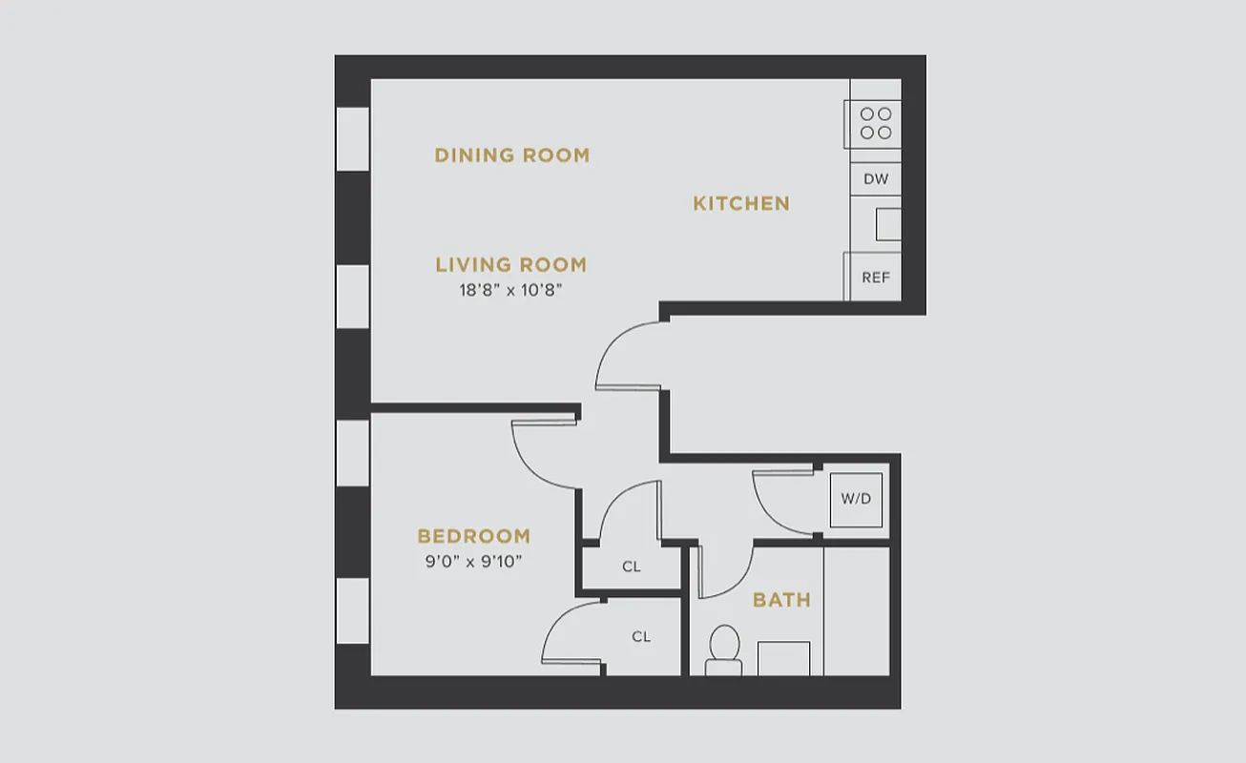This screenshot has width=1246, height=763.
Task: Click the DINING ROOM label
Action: pos(511,155)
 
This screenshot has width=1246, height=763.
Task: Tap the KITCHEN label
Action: pos(740,203)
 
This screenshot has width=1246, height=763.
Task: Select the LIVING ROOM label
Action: pos(510,265)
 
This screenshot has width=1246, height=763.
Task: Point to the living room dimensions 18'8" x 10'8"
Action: pos(510,291)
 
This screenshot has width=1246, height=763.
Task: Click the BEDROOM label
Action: pos(473,536)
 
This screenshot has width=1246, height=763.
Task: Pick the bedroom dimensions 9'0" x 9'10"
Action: pos(473,562)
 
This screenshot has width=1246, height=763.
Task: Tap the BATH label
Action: pos(781,600)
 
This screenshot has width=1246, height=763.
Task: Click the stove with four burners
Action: pos(875,123)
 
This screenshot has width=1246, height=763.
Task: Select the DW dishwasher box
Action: pos(875,178)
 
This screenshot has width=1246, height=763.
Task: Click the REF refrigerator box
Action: pos(875,278)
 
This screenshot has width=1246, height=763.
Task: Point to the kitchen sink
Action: pos(888,224)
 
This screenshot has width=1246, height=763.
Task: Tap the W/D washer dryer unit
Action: pos(856,499)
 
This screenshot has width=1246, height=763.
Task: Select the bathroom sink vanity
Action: pos(783,658)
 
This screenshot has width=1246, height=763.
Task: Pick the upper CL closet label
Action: pos(631,567)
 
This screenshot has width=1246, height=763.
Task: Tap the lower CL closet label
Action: pos(641,636)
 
